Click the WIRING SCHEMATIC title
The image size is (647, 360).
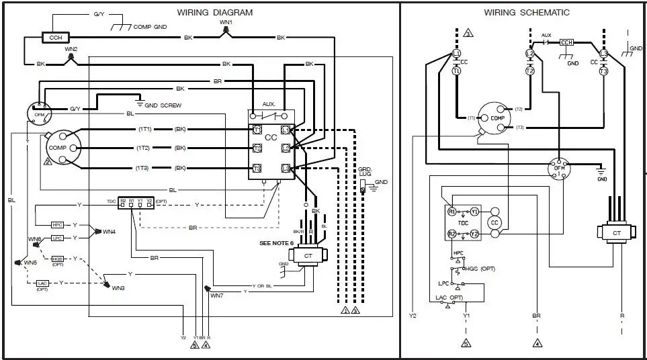coord(527,12)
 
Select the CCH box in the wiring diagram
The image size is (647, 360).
coord(55,38)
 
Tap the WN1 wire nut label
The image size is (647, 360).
coord(226,23)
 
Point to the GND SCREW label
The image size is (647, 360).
coord(164,105)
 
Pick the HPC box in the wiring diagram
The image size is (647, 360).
coord(57,225)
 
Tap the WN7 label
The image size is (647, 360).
coord(216,296)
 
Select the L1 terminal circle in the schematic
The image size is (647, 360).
coord(457,52)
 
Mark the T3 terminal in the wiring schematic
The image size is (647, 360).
coord(603,71)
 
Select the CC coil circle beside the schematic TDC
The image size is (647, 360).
coord(495,222)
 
